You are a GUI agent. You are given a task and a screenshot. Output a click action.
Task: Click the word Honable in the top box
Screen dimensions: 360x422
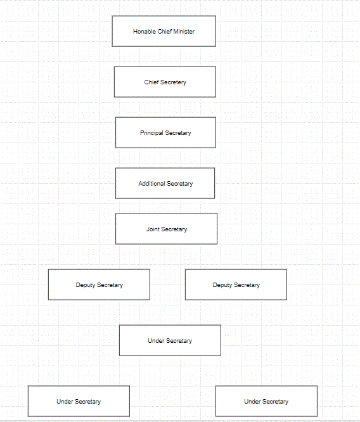coord(145,32)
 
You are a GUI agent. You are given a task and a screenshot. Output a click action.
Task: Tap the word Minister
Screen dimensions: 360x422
coord(184,32)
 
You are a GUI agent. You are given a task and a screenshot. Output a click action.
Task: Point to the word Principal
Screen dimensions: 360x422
coord(151,133)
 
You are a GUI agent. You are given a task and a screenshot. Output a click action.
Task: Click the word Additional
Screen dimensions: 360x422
coord(151,184)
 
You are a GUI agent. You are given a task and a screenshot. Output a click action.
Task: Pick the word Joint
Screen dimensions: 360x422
coord(153,229)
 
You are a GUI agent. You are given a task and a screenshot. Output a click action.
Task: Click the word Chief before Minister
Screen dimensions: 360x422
coord(165,32)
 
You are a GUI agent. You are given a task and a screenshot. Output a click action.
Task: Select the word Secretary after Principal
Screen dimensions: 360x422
coord(178,133)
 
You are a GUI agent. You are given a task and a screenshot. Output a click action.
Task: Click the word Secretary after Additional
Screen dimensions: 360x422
coord(180,184)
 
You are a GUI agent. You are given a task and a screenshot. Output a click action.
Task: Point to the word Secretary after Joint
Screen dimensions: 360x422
coord(174,229)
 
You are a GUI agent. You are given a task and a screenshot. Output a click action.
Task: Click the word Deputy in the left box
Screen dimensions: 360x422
coord(86,285)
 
